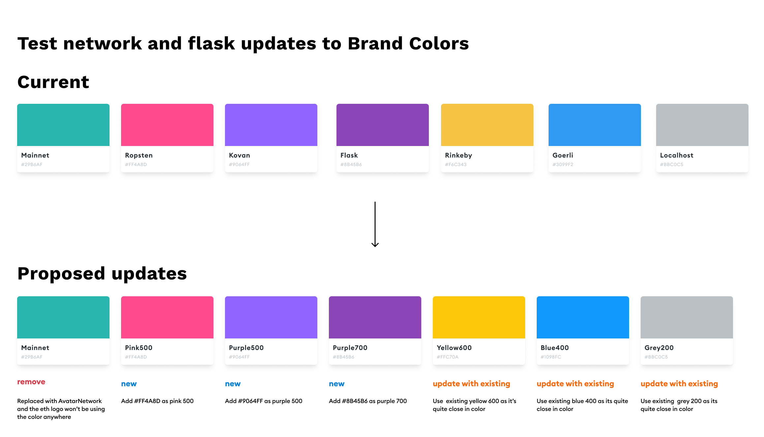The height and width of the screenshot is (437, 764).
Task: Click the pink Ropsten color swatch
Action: point(167,125)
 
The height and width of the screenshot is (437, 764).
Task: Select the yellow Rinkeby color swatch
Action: point(487,125)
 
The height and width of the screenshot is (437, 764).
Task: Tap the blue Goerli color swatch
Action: point(594,125)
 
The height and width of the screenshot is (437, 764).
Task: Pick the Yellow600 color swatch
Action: point(479,317)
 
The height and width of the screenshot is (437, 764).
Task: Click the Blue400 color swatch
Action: point(583,317)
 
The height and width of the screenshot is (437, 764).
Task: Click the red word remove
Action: point(31,382)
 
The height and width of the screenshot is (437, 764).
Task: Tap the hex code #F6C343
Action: point(456,164)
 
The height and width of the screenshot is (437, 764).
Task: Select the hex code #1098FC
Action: point(551,357)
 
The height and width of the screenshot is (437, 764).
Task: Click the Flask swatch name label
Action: point(349,155)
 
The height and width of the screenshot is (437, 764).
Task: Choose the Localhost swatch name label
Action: point(676,155)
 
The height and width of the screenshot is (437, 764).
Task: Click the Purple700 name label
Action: point(350,348)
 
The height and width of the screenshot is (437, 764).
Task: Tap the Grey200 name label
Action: point(659,348)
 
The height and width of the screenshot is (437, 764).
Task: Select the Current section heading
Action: point(53,82)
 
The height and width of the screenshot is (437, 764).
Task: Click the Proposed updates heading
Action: point(102,274)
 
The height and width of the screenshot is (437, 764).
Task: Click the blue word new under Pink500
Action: point(129,384)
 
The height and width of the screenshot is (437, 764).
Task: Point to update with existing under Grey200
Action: point(679,384)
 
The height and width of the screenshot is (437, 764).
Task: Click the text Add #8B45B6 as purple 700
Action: point(367,401)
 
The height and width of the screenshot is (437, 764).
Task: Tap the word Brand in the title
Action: point(375,44)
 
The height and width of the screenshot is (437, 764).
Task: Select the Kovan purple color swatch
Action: point(271,125)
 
